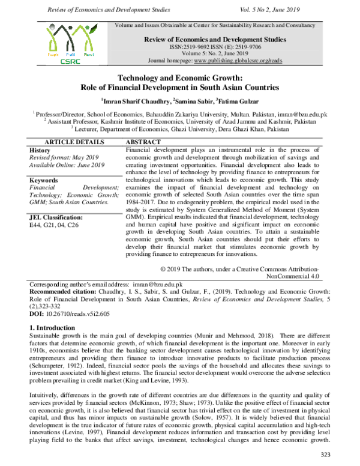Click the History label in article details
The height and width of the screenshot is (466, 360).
pos(40,150)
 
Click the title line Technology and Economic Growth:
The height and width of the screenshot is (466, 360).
pos(179,78)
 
